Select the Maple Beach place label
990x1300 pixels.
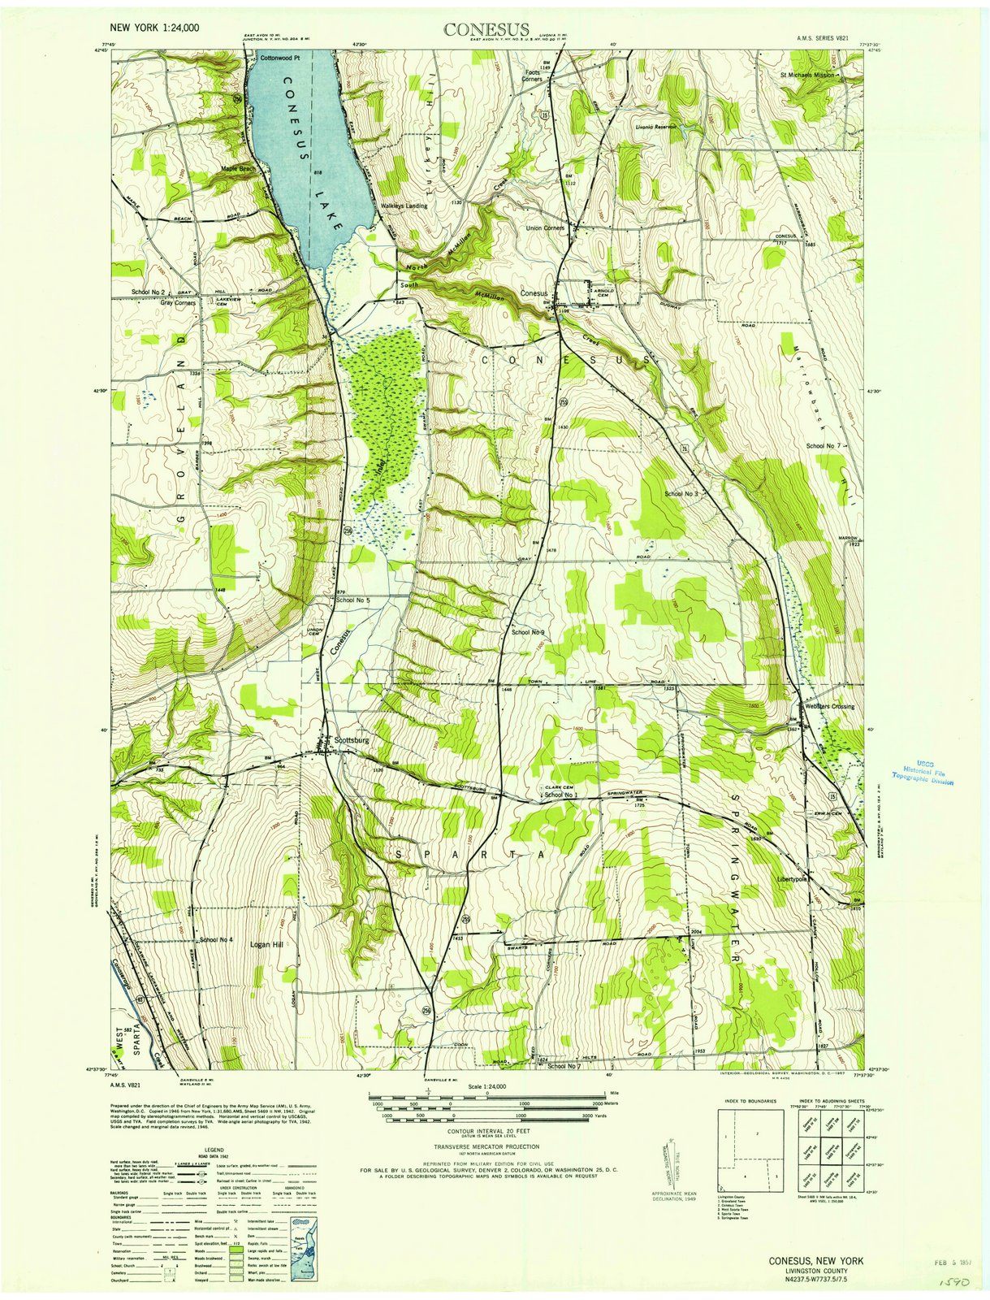pyautogui.click(x=238, y=169)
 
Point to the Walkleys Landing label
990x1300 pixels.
pyautogui.click(x=404, y=206)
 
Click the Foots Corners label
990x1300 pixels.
pyautogui.click(x=533, y=76)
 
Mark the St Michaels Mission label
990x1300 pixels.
pyautogui.click(x=806, y=74)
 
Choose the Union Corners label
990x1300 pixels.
pyautogui.click(x=545, y=228)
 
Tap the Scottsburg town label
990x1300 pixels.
pyautogui.click(x=352, y=741)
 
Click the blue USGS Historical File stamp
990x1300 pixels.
pyautogui.click(x=923, y=772)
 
